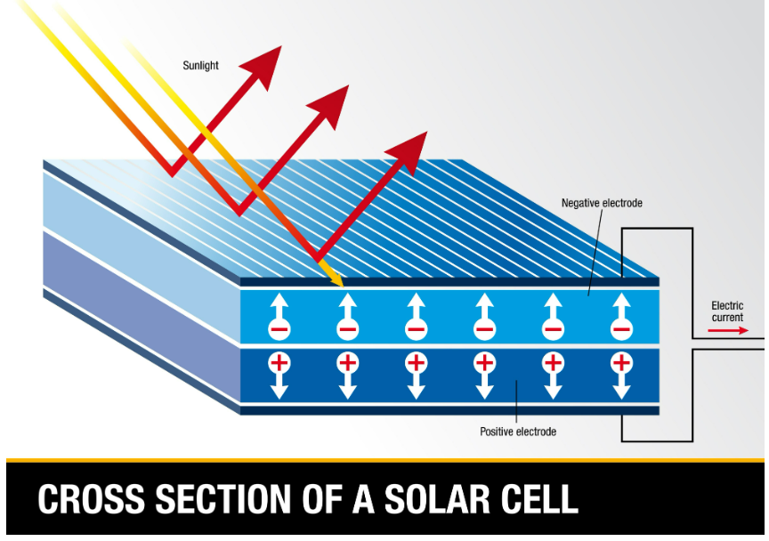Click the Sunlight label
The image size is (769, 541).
coord(200,65)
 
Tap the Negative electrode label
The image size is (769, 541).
coord(602,203)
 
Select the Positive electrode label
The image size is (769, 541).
coord(518,432)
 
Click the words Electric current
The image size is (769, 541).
coord(727,311)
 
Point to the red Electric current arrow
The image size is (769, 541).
coord(729,331)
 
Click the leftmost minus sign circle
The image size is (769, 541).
coord(279,329)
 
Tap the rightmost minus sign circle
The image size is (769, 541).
coord(621,329)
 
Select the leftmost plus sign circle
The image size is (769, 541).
coord(279,362)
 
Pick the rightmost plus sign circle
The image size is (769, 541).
coord(621,362)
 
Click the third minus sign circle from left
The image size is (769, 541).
coord(416,329)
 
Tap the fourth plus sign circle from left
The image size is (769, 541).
coord(484,362)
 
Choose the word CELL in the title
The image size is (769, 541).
coord(544,499)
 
